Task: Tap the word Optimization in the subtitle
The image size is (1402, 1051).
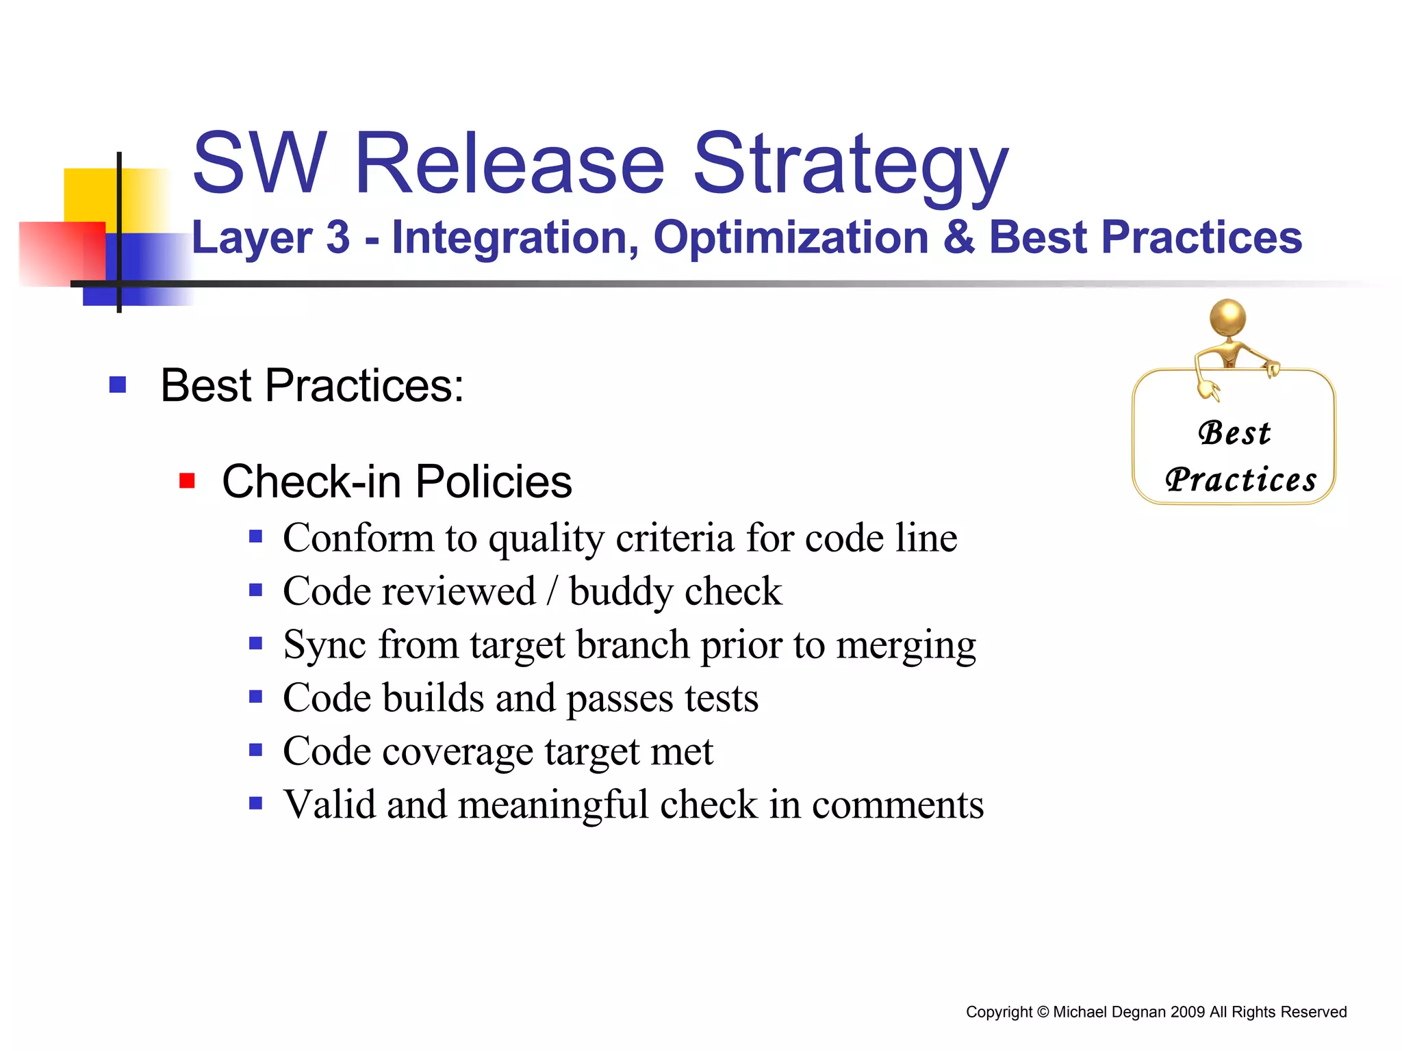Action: point(791,237)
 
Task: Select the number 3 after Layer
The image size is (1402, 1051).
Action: point(337,237)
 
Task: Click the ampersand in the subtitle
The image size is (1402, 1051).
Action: point(958,237)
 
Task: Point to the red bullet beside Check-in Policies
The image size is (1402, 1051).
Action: point(187,481)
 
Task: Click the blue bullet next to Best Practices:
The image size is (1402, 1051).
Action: point(118,385)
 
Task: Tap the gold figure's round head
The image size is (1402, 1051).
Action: point(1227,317)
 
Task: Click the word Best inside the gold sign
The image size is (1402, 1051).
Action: point(1234,433)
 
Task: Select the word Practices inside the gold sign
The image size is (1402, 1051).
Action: point(1240,480)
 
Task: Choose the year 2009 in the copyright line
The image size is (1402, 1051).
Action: point(1187,1012)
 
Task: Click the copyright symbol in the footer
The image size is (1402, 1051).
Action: point(1043,1012)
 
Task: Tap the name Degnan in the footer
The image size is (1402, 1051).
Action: point(1139,1012)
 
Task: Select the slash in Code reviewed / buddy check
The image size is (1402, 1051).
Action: point(552,592)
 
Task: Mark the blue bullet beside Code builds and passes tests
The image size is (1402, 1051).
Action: point(256,697)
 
